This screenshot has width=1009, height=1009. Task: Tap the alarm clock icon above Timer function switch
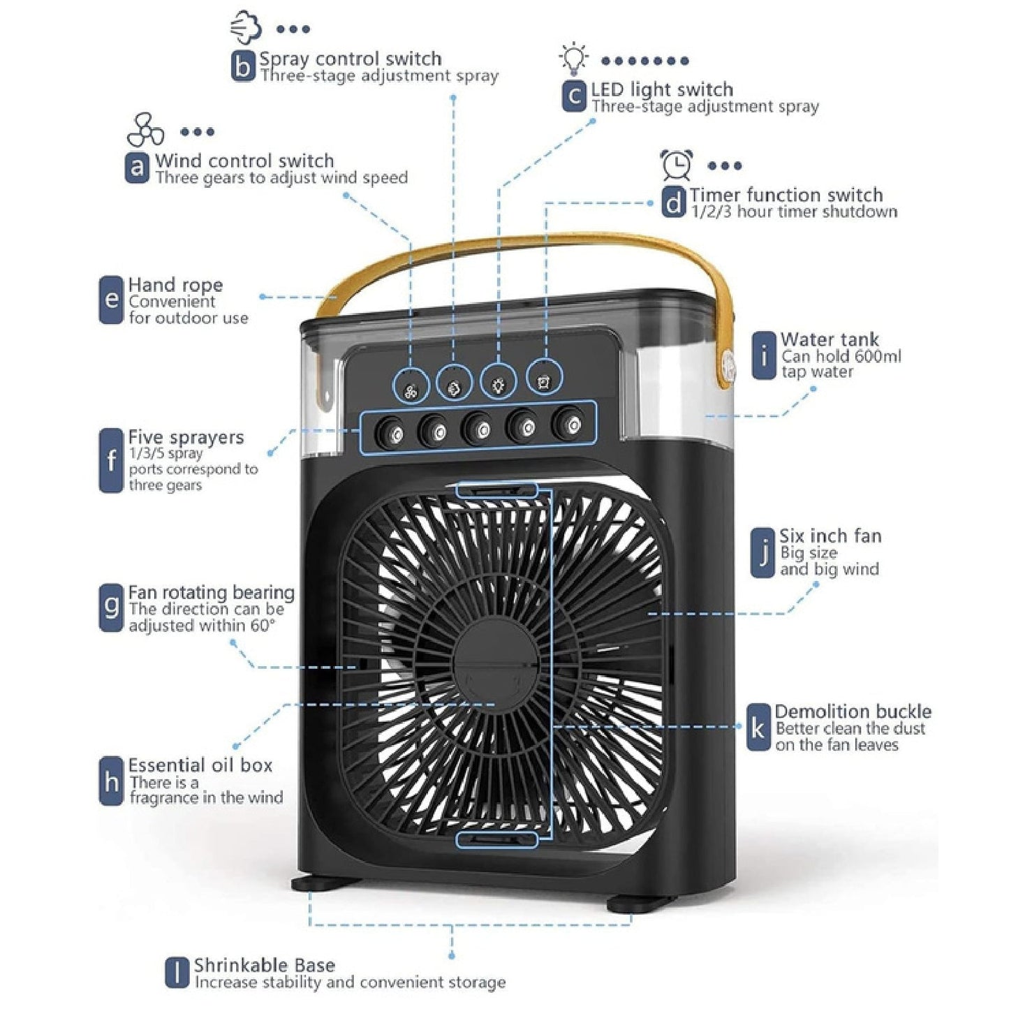click(x=677, y=165)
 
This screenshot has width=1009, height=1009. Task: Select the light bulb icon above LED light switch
click(x=574, y=59)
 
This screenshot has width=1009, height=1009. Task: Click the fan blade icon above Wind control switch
click(x=145, y=130)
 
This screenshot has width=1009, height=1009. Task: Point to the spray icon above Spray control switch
click(x=246, y=27)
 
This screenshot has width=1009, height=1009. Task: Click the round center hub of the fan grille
click(x=496, y=659)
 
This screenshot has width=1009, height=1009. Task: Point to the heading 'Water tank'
click(x=830, y=340)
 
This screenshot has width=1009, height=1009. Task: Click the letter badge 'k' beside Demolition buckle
click(x=758, y=728)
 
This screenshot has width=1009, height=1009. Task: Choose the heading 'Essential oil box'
click(x=200, y=765)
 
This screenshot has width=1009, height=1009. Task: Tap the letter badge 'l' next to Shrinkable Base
click(x=177, y=973)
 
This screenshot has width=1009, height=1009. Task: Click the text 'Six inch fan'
click(x=830, y=536)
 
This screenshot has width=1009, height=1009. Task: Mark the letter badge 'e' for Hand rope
click(x=111, y=300)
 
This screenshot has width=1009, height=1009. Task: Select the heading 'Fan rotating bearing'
click(x=211, y=593)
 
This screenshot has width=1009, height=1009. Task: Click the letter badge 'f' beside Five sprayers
click(x=111, y=461)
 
